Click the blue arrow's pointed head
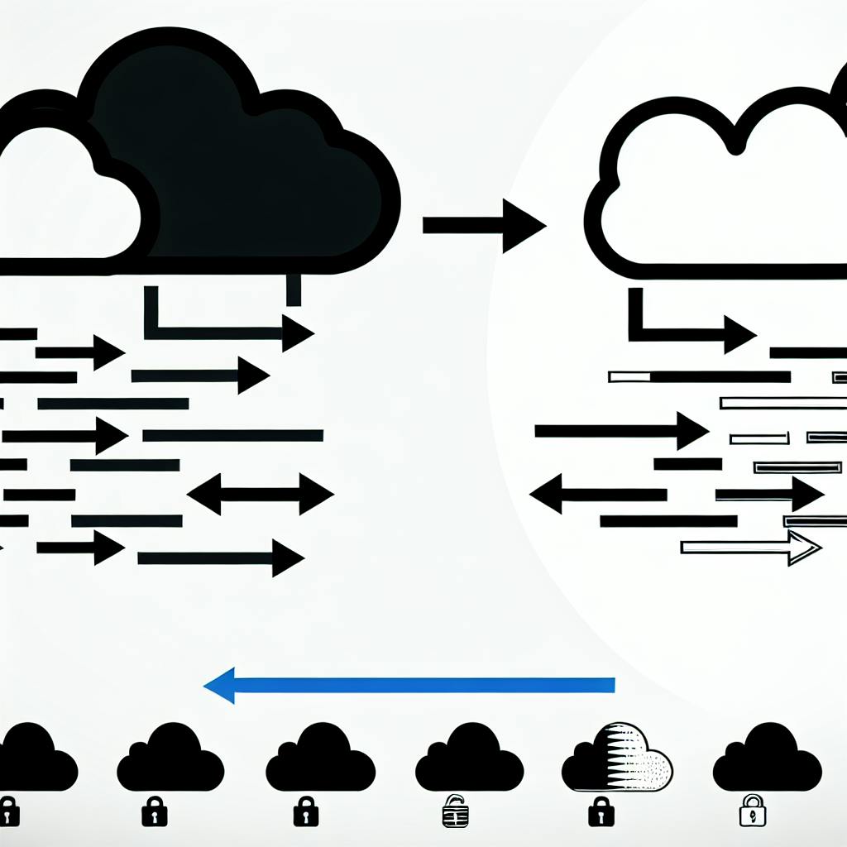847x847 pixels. coord(217,685)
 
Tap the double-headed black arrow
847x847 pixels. coord(261,495)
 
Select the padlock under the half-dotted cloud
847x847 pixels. coord(601,811)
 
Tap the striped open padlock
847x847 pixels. coord(452,811)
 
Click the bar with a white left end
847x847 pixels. coord(699,377)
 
